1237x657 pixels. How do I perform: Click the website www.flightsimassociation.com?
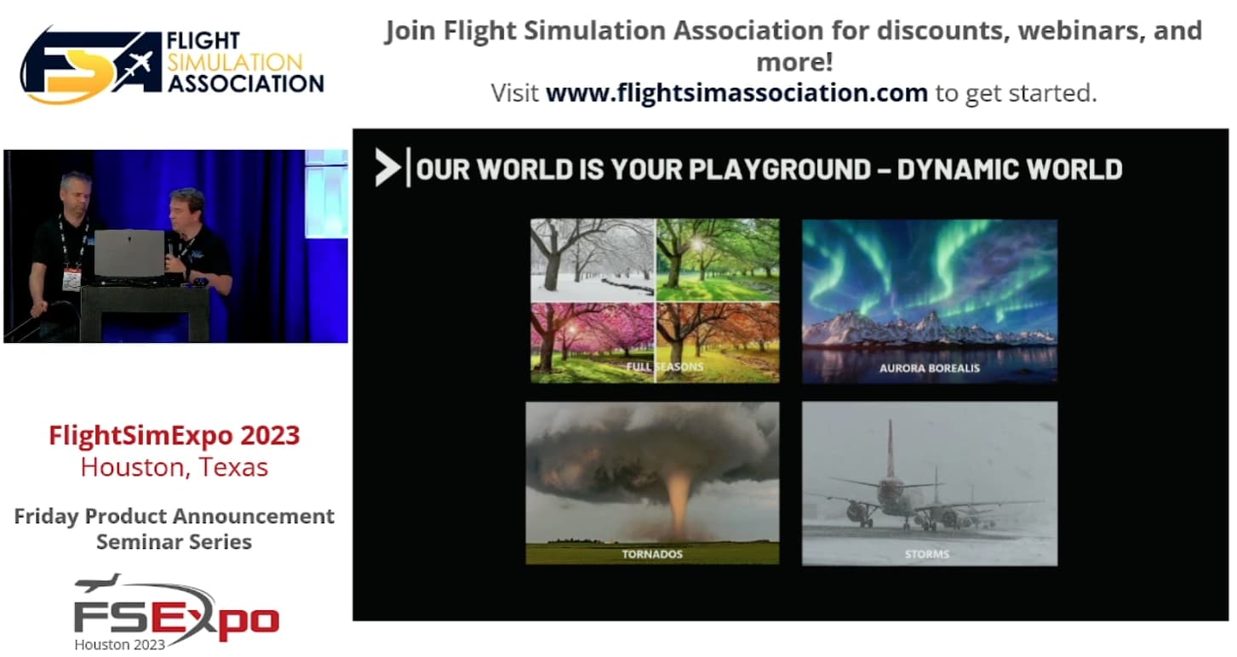click(x=736, y=93)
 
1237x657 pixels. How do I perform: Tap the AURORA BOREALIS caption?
click(x=930, y=368)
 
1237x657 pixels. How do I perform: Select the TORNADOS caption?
click(x=652, y=554)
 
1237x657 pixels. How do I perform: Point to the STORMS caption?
click(x=926, y=554)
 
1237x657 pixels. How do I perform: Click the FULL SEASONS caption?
click(x=665, y=367)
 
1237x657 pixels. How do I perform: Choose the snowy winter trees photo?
click(x=593, y=260)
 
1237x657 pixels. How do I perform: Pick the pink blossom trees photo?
click(x=593, y=343)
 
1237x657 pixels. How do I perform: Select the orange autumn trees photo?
click(x=718, y=343)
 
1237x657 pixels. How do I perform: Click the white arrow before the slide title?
click(x=387, y=168)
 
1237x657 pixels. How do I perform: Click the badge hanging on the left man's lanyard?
click(x=72, y=279)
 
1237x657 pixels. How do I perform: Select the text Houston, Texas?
click(x=174, y=467)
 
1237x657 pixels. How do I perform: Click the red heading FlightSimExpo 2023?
click(x=174, y=435)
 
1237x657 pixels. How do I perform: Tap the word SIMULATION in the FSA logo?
click(x=235, y=62)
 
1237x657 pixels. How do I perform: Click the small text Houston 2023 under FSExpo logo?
click(x=120, y=644)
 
